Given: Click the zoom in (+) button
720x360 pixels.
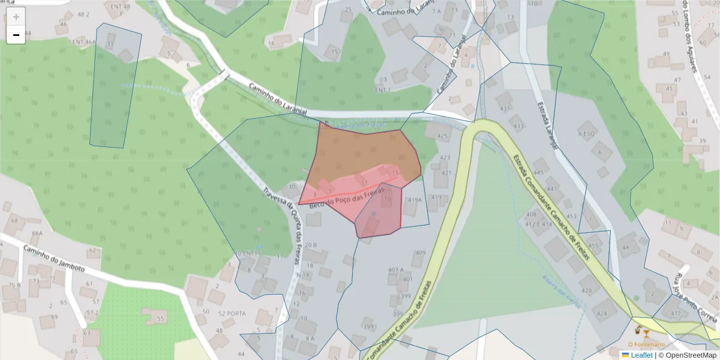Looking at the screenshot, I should point(16,17).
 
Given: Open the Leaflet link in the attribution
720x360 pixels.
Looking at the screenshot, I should point(641,355).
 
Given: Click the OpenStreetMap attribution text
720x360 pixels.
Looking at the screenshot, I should point(691,355).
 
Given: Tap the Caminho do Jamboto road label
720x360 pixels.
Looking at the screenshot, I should point(53,258).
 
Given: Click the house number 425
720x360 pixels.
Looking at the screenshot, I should point(442,136).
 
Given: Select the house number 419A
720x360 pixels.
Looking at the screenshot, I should point(415,200).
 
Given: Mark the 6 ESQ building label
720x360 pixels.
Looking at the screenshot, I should point(586,133).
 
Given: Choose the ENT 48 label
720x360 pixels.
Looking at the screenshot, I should point(119,7).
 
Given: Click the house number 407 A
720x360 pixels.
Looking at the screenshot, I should point(396,269).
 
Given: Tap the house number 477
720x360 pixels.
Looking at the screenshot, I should point(676,314).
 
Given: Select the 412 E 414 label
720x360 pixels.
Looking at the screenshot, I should point(538,224).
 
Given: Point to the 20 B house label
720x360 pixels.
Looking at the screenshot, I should point(310,245).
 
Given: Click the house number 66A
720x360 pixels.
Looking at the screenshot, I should point(37,233).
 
